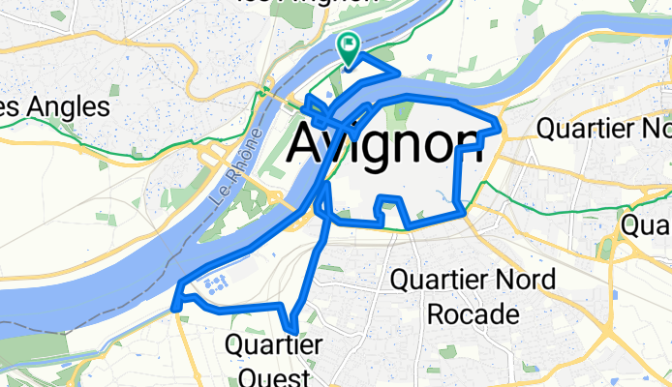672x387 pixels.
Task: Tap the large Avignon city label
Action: tap(384, 144)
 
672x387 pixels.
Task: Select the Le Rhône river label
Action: tap(235, 164)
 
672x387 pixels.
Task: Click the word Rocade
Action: tap(473, 314)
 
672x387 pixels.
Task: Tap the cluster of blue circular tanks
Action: tap(215, 283)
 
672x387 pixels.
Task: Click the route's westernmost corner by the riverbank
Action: tap(174, 309)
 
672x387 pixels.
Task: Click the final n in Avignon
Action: tap(464, 144)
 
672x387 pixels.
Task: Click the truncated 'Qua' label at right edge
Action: tap(647, 225)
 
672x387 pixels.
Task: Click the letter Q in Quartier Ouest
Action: tap(233, 344)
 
